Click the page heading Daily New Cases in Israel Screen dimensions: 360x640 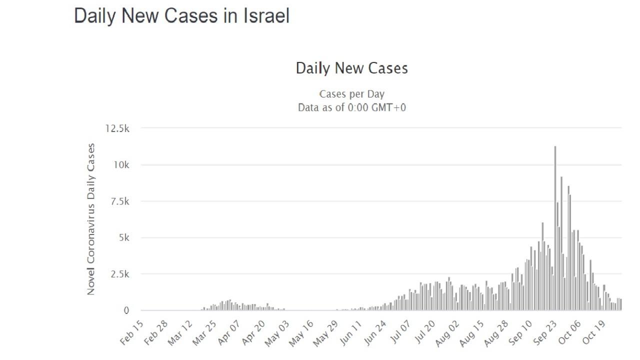pos(181,16)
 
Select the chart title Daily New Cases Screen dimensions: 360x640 pos(351,68)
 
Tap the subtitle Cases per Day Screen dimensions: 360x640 pos(351,94)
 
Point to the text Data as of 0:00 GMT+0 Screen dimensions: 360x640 pos(351,107)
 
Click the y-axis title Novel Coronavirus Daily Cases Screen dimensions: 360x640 pos(91,219)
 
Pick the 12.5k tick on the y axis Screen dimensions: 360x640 pos(117,128)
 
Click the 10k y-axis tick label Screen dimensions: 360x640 pos(120,165)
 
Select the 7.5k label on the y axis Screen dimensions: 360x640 pos(118,201)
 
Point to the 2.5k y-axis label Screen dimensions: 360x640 pos(118,274)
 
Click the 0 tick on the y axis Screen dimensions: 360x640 pos(126,310)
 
